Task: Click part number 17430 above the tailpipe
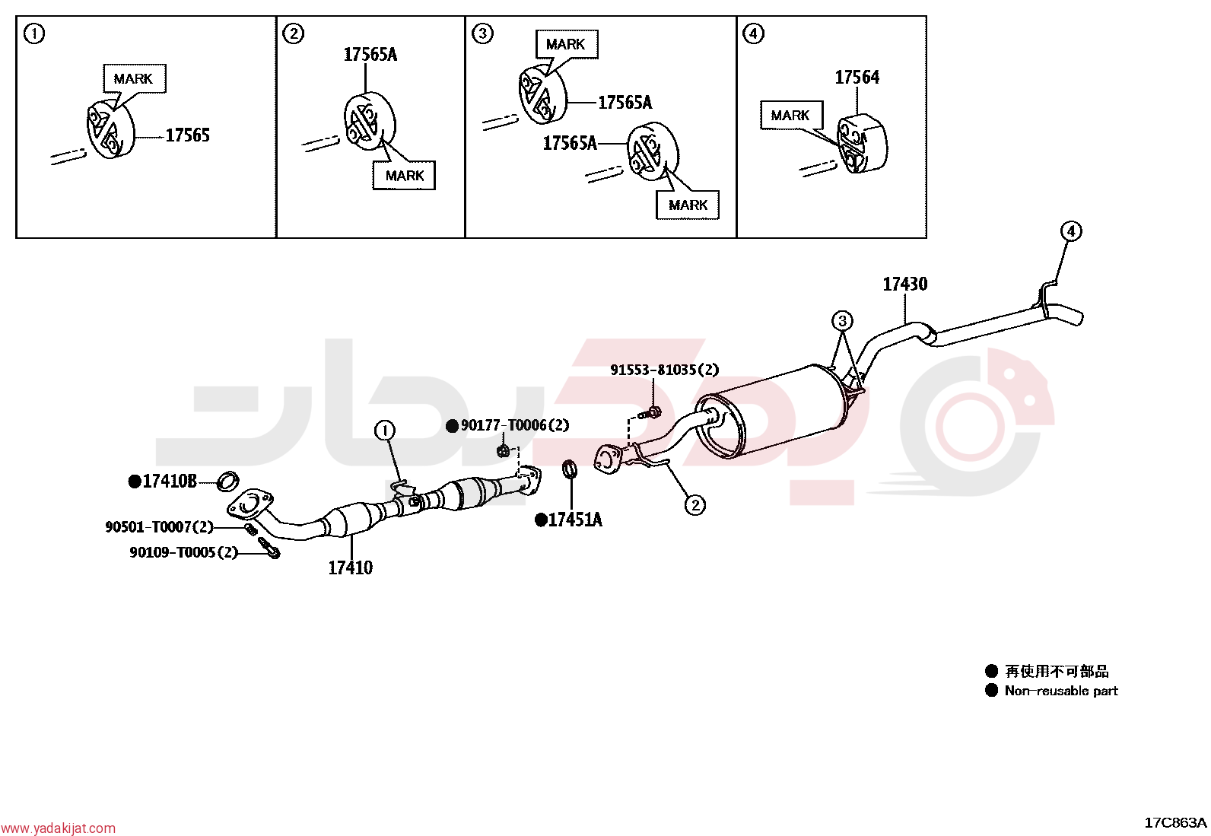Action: click(x=905, y=284)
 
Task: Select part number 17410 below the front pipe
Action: click(x=351, y=567)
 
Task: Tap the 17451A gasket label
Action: click(x=574, y=520)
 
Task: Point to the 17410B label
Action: click(x=169, y=482)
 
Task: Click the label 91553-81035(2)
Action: click(x=665, y=370)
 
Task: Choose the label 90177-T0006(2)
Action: click(x=515, y=425)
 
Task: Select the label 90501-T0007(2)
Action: click(x=160, y=526)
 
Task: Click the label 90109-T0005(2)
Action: click(x=184, y=552)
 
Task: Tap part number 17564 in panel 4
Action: click(x=857, y=78)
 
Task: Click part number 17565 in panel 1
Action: click(x=188, y=135)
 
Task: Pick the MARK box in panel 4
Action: click(x=791, y=115)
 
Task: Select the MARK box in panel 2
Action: click(x=404, y=175)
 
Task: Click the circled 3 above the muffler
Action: click(x=842, y=321)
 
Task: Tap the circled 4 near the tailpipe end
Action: click(x=1071, y=231)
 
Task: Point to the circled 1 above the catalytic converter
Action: click(x=385, y=431)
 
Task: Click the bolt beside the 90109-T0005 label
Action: click(x=269, y=548)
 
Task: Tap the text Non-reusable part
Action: click(x=1061, y=691)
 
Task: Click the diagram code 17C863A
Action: click(x=1175, y=822)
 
